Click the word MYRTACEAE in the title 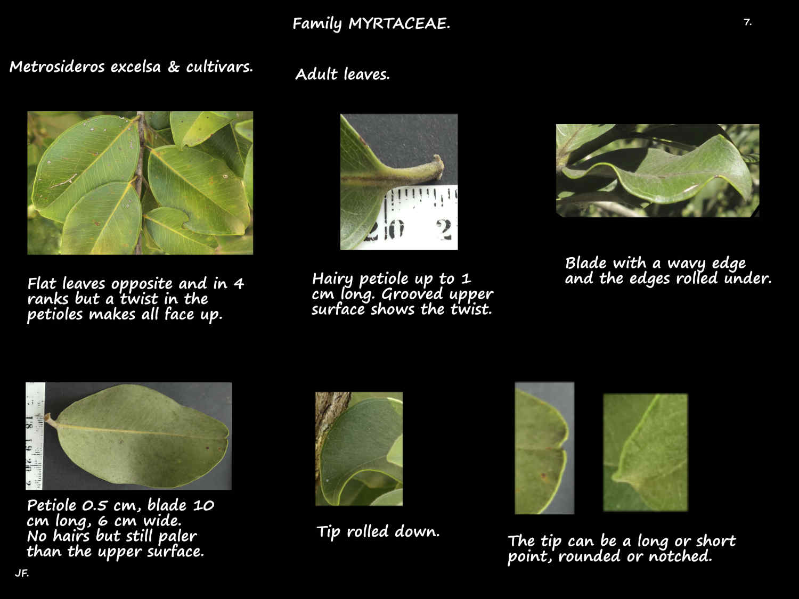[399, 23]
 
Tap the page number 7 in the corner [747, 22]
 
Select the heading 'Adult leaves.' [343, 74]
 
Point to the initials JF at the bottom [22, 573]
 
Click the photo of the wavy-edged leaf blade [657, 170]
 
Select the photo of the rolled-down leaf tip [359, 449]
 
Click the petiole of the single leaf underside [51, 422]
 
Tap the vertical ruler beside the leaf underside [35, 436]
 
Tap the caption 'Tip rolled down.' [378, 531]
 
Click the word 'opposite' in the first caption [142, 284]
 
